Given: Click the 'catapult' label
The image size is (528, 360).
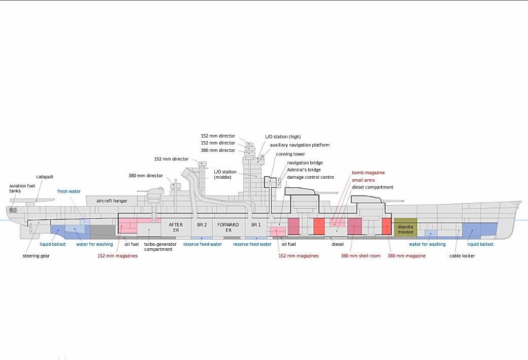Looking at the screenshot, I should point(45,177).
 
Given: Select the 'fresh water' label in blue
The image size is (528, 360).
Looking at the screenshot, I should point(69,191).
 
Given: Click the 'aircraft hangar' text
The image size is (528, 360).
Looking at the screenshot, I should point(112,201).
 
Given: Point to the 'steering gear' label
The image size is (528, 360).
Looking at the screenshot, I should point(36,256).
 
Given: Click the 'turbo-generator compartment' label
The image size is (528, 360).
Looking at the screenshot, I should point(160,247).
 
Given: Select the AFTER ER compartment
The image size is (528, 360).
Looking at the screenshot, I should point(176,227).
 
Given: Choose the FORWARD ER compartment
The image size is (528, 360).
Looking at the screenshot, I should point(228,227).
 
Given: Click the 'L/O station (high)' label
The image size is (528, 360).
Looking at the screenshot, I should point(283,137).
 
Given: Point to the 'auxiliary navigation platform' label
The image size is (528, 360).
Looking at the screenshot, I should point(300,145).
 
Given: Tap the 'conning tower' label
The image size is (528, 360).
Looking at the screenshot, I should point(290,154).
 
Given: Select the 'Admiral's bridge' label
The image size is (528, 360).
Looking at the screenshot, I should point(304,170).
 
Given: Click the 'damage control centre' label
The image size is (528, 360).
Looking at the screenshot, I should point(310,177).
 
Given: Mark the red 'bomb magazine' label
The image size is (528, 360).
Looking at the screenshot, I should point(368,173).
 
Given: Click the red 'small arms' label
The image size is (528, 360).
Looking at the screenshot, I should point(364,180).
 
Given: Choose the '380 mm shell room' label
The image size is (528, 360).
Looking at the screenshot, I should point(360,256).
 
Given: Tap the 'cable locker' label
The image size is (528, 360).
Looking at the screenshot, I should point(462,256).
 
